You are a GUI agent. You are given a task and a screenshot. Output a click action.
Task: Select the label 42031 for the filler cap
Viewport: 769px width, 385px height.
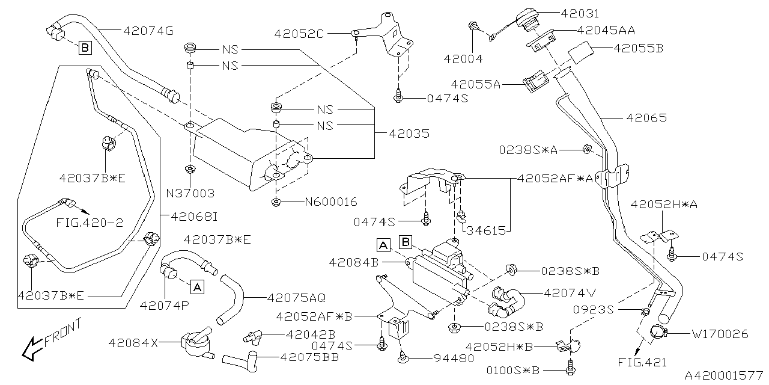(580, 13)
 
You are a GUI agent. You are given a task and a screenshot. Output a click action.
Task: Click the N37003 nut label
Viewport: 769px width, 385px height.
(190, 194)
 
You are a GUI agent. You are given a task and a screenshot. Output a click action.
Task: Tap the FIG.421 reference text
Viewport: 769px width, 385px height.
(642, 363)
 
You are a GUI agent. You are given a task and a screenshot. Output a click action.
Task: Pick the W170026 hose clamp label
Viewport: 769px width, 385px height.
(720, 333)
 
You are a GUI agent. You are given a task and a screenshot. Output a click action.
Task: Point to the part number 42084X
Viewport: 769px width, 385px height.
(133, 342)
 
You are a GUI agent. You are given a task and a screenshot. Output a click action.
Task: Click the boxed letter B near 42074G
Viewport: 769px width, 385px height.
(84, 46)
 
